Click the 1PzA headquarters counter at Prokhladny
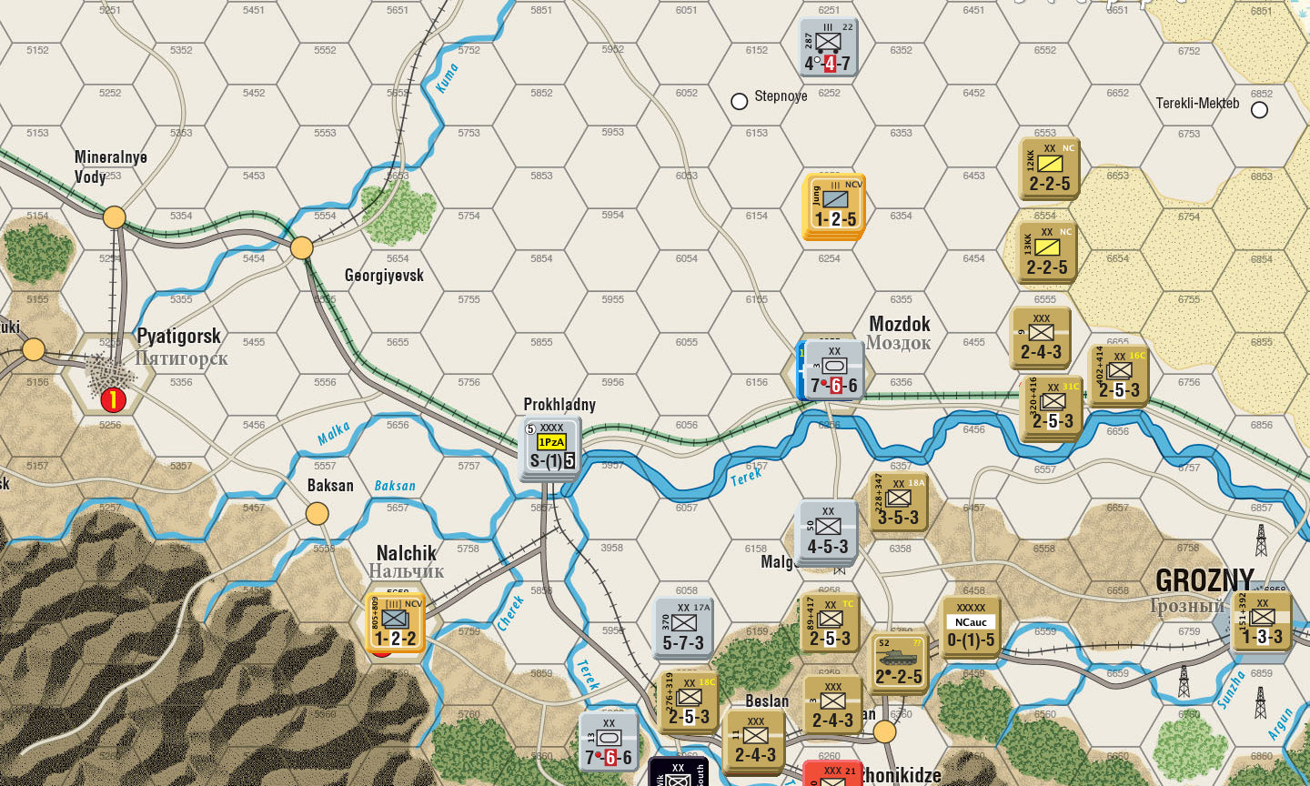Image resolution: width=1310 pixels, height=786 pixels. pyautogui.click(x=551, y=448)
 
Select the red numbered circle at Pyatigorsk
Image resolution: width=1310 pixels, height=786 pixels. pyautogui.click(x=113, y=398)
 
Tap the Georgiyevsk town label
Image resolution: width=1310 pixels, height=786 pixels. pyautogui.click(x=384, y=275)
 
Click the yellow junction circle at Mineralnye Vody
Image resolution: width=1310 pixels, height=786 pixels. pyautogui.click(x=115, y=217)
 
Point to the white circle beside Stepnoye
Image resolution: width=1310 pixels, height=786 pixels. pyautogui.click(x=740, y=101)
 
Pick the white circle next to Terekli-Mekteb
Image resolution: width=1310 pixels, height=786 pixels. pyautogui.click(x=1259, y=110)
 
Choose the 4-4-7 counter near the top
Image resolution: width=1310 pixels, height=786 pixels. pyautogui.click(x=828, y=48)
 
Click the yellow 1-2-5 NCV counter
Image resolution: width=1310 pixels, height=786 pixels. pyautogui.click(x=834, y=206)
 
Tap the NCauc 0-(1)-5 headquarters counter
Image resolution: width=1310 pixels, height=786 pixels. pyautogui.click(x=971, y=627)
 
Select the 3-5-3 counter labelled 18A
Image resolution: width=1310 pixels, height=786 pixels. pyautogui.click(x=898, y=503)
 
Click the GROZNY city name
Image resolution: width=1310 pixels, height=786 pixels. pyautogui.click(x=1204, y=579)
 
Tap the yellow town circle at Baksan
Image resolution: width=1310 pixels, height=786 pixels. pyautogui.click(x=317, y=514)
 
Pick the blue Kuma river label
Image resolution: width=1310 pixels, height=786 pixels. pyautogui.click(x=447, y=77)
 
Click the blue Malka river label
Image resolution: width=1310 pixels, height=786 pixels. pyautogui.click(x=333, y=434)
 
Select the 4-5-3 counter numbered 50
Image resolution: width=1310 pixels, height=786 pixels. pyautogui.click(x=827, y=531)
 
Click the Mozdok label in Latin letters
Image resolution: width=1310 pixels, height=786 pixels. pyautogui.click(x=900, y=324)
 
